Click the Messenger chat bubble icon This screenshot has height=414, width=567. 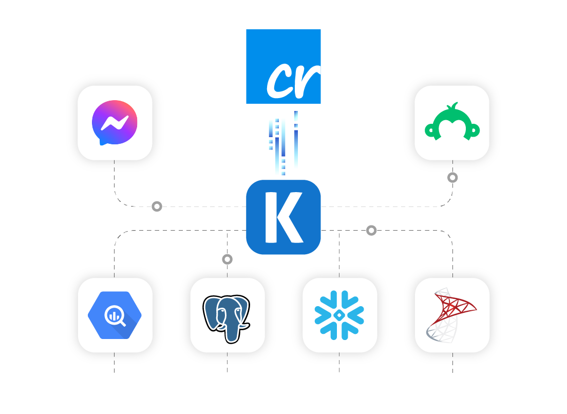pos(115,123)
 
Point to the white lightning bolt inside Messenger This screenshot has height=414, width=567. pos(115,122)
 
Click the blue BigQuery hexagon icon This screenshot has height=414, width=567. pos(115,315)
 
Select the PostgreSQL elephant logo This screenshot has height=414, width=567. pos(226,317)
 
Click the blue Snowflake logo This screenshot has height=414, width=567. pos(339,315)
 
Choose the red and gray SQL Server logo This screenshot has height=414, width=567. pos(451,315)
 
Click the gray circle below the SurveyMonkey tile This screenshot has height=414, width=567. pos(452,178)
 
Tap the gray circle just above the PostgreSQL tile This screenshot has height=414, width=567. pos(227,259)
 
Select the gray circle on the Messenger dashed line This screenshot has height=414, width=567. pos(157,206)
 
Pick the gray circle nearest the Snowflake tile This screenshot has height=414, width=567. pos(371,231)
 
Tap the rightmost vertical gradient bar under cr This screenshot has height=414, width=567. pos(296,140)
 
